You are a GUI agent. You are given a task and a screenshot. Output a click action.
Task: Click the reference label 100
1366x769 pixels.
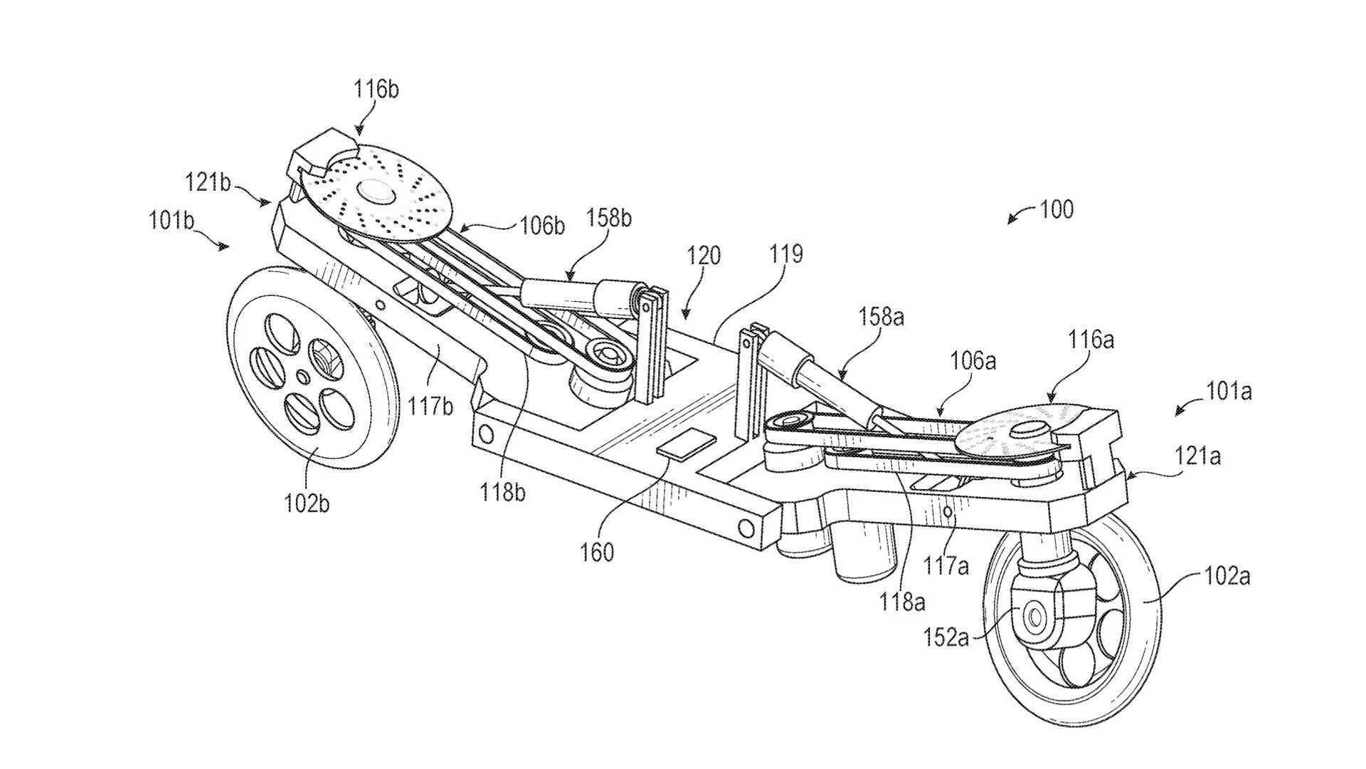click(x=1057, y=210)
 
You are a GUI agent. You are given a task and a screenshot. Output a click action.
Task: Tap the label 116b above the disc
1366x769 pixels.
click(x=377, y=90)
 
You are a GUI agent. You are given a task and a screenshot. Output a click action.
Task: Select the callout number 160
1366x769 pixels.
click(x=597, y=552)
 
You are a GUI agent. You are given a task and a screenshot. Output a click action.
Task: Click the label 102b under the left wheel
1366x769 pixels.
click(x=307, y=503)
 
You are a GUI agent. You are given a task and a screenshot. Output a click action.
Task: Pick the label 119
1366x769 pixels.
click(x=786, y=254)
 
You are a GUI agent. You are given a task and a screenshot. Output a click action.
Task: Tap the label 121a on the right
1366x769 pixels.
click(x=1197, y=456)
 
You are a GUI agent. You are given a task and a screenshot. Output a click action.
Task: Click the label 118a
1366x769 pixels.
click(x=902, y=602)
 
